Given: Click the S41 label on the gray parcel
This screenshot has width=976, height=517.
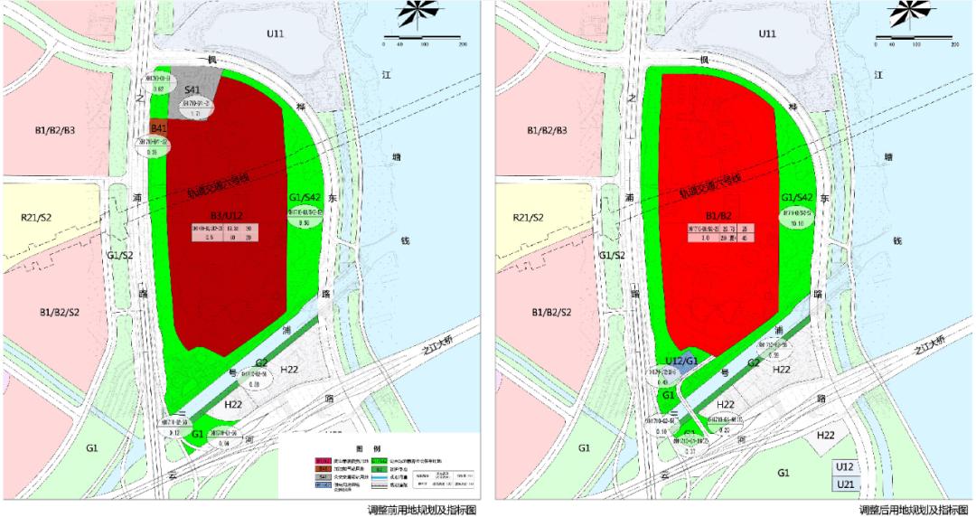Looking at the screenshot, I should [x=192, y=89].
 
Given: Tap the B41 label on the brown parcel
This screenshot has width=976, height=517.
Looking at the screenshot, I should [x=159, y=129].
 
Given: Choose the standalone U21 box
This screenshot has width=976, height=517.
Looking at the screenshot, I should [x=845, y=484].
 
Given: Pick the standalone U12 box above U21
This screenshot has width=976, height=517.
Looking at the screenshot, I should [x=845, y=467].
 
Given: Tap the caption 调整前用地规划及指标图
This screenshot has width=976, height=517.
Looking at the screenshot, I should [x=421, y=510].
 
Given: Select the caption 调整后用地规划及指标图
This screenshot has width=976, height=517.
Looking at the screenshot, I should [x=914, y=510].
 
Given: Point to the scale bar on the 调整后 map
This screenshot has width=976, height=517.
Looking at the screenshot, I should [x=915, y=41].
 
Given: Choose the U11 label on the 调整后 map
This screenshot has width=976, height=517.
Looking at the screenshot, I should [x=767, y=33].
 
